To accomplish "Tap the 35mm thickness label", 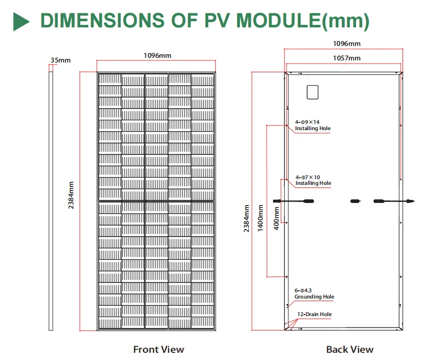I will (x=61, y=60).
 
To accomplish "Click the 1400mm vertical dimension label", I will (x=261, y=217).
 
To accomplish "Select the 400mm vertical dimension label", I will (x=277, y=218).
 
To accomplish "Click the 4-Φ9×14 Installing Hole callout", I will (x=313, y=126).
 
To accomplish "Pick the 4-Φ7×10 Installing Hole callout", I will (x=313, y=180).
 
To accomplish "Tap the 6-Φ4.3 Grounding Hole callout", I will (x=314, y=294).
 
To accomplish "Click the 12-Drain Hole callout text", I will (x=314, y=314).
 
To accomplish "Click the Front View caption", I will (x=158, y=350).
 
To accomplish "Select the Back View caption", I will (x=349, y=350).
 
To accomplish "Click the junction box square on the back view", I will (x=313, y=92).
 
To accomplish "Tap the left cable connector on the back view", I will (x=308, y=200).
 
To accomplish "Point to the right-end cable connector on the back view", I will (x=410, y=200).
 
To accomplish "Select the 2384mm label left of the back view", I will (x=247, y=218).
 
